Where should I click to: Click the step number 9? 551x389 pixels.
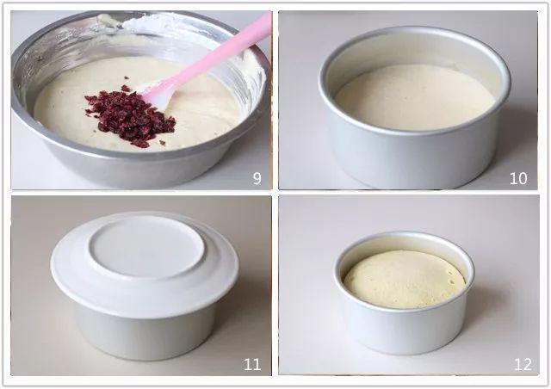257,178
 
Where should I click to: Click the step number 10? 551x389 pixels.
518,178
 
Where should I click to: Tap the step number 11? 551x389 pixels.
252,364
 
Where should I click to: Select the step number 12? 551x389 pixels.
523,364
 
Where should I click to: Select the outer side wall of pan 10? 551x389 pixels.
415,158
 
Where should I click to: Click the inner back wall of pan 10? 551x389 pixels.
415,52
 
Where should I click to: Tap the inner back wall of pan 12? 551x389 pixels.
404,244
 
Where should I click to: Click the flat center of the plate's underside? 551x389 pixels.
146,246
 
